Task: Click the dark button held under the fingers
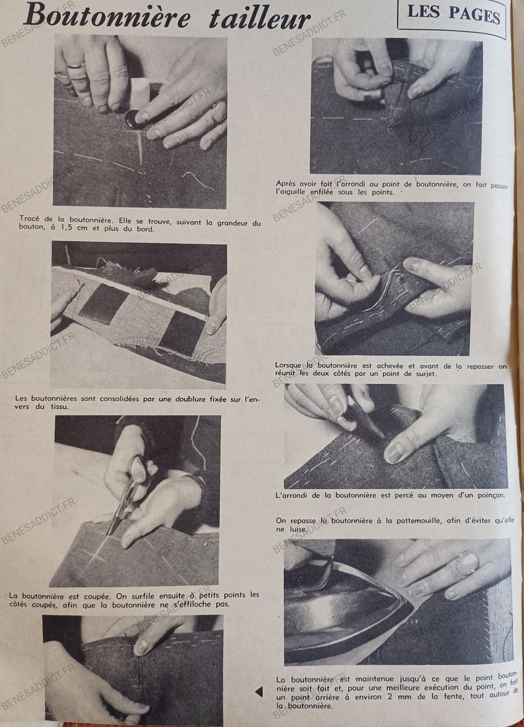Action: (x=134, y=119)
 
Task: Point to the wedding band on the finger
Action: (x=76, y=66)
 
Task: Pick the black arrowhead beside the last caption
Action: (x=259, y=692)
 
